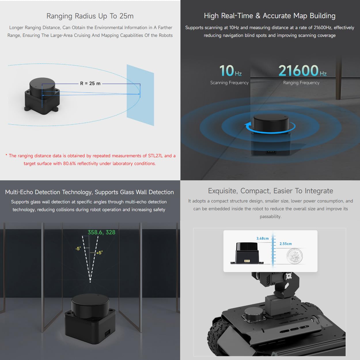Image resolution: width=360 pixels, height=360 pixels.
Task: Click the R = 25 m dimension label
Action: tap(90, 83)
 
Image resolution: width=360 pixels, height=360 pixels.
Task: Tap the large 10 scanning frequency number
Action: tap(227, 71)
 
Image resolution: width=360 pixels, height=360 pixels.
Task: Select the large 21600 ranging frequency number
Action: tap(298, 71)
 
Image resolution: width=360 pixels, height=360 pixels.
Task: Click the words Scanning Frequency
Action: tap(229, 83)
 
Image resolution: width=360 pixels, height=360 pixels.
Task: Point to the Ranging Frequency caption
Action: tap(301, 83)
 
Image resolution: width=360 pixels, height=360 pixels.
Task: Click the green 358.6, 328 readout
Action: tap(101, 232)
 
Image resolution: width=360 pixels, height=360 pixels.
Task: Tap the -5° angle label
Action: tap(78, 249)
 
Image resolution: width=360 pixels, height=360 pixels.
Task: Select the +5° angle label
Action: tap(100, 253)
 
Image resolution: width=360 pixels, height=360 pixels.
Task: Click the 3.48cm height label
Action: tap(262, 238)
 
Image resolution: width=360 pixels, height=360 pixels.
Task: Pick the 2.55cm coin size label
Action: tap(286, 244)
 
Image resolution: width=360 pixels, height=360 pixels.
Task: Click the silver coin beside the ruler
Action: tap(295, 256)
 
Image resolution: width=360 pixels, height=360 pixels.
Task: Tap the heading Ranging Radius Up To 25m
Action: tap(90, 16)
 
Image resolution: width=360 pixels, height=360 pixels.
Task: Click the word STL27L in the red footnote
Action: tap(156, 156)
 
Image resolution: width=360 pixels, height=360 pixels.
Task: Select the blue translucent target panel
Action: tap(140, 95)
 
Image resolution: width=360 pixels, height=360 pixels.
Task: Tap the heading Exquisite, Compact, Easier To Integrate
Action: tap(270, 191)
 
